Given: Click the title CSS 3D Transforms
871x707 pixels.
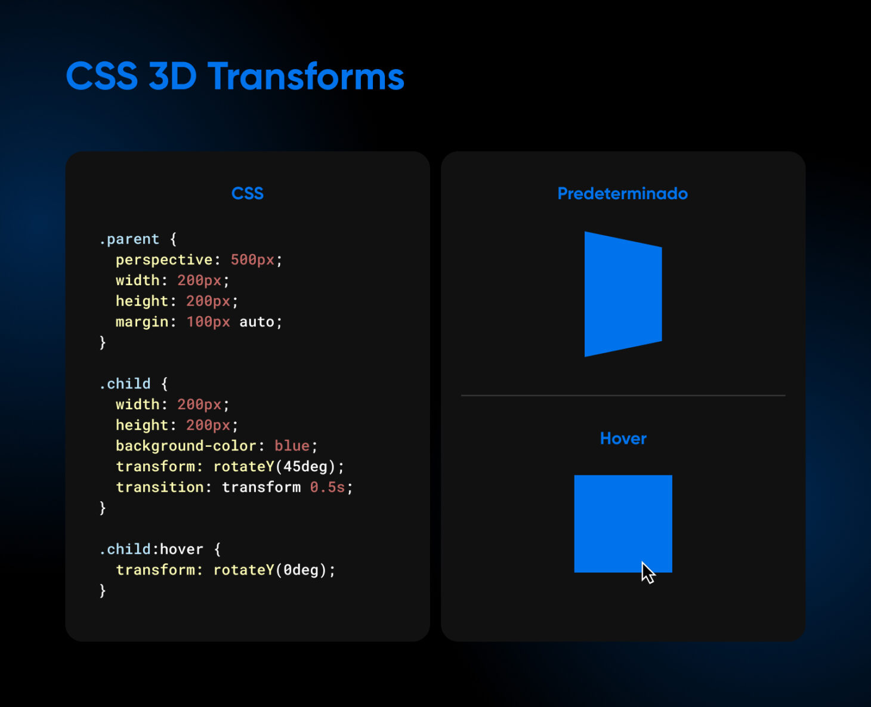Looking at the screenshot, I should [235, 76].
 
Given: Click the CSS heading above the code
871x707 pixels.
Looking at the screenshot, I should [247, 193].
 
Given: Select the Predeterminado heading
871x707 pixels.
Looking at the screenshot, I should [622, 193].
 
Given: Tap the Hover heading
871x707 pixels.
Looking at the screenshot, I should [623, 439].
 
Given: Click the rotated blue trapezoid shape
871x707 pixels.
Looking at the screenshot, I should [622, 294].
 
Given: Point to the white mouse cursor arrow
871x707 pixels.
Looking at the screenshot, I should [647, 573].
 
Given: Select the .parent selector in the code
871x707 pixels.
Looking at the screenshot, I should [129, 239].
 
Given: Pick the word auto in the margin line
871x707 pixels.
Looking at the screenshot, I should [257, 322].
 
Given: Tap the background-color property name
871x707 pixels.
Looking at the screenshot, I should [186, 446].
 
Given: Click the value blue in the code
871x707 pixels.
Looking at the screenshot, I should [292, 446].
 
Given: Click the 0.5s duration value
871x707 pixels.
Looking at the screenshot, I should [327, 487].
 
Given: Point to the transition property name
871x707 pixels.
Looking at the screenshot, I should [160, 487].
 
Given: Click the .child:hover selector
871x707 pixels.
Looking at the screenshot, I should [152, 549].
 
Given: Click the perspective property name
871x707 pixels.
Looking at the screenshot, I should [164, 260].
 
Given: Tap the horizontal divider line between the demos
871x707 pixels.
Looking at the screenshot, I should [623, 395].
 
